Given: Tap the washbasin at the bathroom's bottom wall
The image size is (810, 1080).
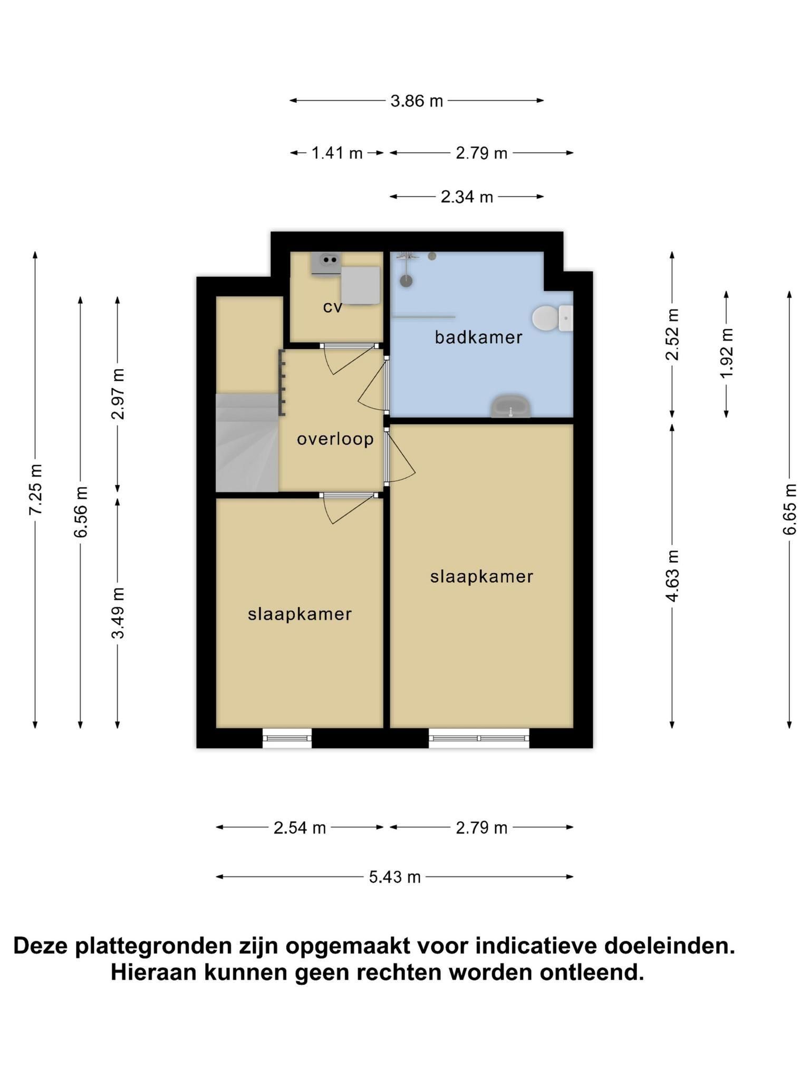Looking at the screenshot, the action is pos(510,406).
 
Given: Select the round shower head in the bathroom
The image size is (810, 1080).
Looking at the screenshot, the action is pos(406,280).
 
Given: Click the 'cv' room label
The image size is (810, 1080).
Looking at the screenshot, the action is pos(333,307).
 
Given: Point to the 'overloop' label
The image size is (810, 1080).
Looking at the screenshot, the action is pos(335,439).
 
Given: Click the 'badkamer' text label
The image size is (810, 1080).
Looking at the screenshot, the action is pos(478,337).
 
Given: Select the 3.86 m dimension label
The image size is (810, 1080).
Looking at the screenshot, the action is pos(417,101).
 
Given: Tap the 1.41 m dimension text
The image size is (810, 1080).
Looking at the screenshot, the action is pos(337,153).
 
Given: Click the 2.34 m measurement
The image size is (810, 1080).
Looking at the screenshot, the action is pos(467,197).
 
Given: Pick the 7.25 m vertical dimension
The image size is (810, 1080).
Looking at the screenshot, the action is pos(36,490).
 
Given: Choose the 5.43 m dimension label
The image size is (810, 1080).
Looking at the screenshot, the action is pos(395,877).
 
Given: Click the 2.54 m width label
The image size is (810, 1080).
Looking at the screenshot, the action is pos(300,828).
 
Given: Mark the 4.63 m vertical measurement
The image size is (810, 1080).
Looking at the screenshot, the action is pos(672,575).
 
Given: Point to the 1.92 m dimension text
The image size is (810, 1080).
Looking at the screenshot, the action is pos(727,353).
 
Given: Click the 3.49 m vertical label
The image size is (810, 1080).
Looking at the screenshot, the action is pos(118,613).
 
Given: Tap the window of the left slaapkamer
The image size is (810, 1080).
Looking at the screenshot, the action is pos(287,738).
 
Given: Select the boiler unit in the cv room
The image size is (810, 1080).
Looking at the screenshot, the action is pos(361,285).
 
